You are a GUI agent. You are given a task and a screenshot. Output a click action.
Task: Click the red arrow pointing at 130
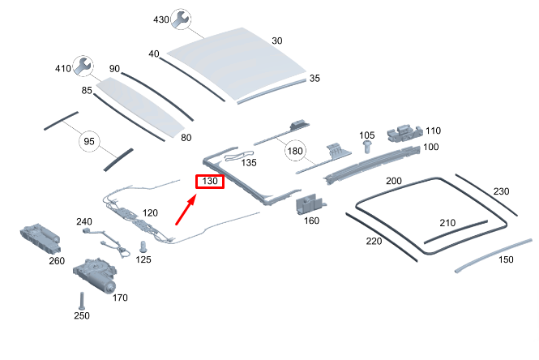(186, 209)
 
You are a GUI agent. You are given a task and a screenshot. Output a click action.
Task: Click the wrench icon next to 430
(181, 19)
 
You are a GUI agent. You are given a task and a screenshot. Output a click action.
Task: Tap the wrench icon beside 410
(83, 66)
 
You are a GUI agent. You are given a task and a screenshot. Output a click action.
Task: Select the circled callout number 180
(295, 151)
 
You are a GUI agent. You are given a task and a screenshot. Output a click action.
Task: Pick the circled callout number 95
(89, 141)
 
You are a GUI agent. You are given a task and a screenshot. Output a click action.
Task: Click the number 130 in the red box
(210, 181)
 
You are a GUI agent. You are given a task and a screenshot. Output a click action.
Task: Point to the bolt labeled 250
(82, 301)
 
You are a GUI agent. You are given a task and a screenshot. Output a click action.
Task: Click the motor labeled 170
(95, 274)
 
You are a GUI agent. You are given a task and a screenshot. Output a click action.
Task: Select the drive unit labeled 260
(41, 238)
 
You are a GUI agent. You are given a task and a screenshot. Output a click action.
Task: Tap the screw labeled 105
(367, 146)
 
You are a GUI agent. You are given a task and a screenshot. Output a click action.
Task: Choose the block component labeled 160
(310, 205)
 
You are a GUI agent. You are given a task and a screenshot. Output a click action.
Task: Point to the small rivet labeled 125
(143, 247)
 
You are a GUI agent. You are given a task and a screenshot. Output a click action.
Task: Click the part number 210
(447, 223)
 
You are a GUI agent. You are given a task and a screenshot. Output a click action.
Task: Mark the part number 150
(506, 259)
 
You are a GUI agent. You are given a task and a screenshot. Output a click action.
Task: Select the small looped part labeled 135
(238, 156)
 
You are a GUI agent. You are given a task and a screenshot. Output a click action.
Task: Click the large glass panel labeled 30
(237, 63)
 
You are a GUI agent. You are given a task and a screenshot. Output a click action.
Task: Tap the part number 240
(84, 221)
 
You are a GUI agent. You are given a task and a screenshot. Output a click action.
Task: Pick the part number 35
(314, 78)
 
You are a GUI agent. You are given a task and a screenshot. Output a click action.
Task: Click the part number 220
(374, 241)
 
